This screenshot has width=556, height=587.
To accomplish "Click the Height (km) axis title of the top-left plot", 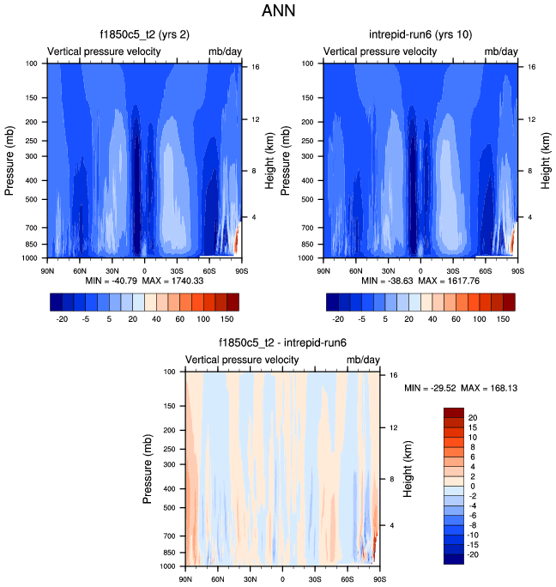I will [x=270, y=160].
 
